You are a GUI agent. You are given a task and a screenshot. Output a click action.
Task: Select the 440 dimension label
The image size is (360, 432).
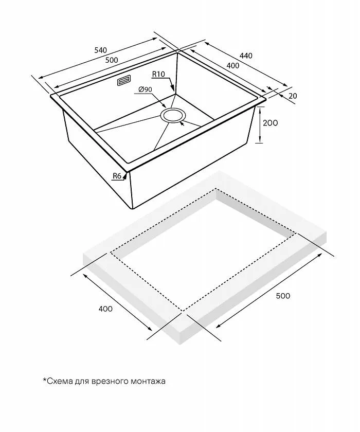pyautogui.click(x=246, y=56)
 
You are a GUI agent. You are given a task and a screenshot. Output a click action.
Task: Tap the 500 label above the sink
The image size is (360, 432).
pyautogui.click(x=112, y=60)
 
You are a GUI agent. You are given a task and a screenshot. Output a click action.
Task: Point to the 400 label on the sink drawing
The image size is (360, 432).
pyautogui.click(x=232, y=65)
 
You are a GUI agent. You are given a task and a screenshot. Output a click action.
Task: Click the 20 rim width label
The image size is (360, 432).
pyautogui.click(x=293, y=96)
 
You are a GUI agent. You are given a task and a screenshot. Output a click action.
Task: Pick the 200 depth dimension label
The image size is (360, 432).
pyautogui.click(x=270, y=123)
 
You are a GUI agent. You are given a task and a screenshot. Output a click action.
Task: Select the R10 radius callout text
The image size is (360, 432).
pyautogui.click(x=158, y=75)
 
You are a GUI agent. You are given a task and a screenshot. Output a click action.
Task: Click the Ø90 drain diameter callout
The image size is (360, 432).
pyautogui.click(x=146, y=90)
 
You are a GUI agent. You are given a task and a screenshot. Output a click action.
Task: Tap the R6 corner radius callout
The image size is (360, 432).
pyautogui.click(x=117, y=176)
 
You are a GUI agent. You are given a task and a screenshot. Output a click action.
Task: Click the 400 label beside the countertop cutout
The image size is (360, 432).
pyautogui.click(x=104, y=309)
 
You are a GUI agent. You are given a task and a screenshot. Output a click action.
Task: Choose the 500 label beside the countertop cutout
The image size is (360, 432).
pyautogui.click(x=283, y=296)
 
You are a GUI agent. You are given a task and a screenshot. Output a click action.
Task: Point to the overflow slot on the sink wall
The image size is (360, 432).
pyautogui.click(x=124, y=81)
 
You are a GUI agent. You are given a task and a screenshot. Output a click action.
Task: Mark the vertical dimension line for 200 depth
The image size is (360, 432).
pyautogui.click(x=261, y=124)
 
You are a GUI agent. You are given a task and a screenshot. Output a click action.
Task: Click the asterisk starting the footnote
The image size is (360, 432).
pyautogui.click(x=44, y=381)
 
